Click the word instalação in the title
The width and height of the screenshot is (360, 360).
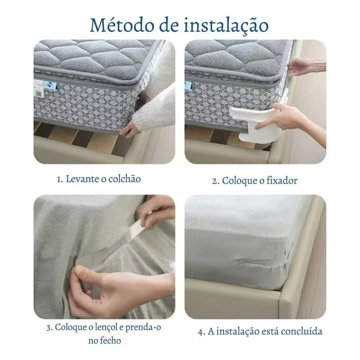pyautogui.click(x=226, y=25)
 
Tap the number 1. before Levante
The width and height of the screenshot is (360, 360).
pyautogui.click(x=60, y=179)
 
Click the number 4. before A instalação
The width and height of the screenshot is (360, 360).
pyautogui.click(x=201, y=332)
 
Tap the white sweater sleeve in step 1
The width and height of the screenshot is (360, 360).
pyautogui.click(x=158, y=105)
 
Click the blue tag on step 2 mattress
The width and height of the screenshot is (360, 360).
pyautogui.click(x=189, y=85)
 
